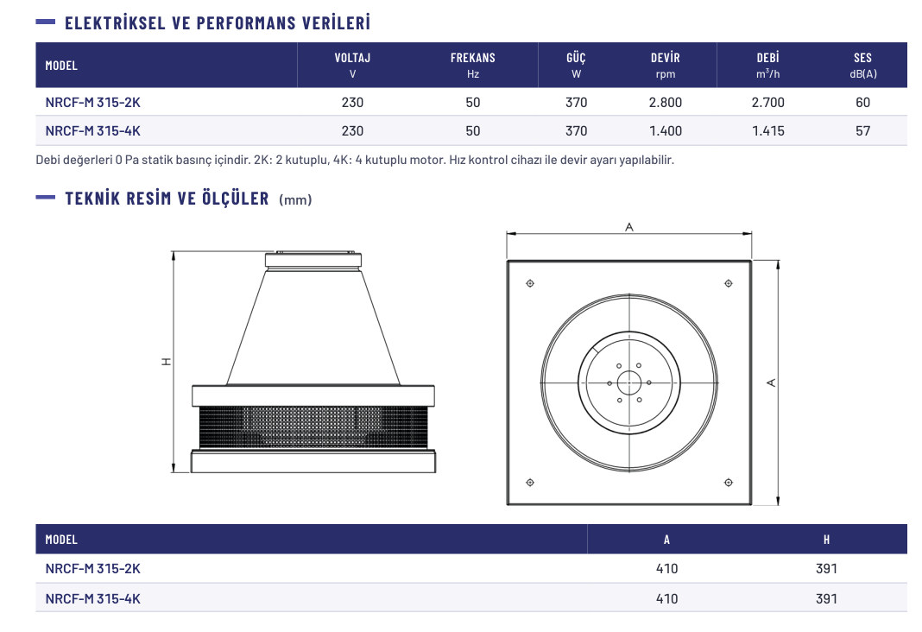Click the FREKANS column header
click(473, 58)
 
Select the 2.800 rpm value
click(665, 102)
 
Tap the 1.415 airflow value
click(768, 131)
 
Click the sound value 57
click(862, 131)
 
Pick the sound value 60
click(862, 102)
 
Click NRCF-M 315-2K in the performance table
click(93, 102)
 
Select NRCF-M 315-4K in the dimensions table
click(93, 598)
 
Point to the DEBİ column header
click(768, 58)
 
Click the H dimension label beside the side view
click(167, 362)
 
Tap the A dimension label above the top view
click(629, 227)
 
